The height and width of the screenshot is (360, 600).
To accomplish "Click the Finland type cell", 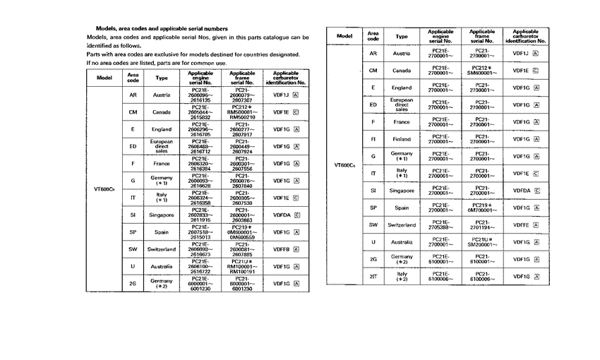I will (402, 138).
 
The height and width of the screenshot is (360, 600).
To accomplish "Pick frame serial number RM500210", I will (242, 116).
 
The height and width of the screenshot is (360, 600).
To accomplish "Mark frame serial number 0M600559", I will (242, 238).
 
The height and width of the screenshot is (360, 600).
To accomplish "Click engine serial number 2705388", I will (440, 227).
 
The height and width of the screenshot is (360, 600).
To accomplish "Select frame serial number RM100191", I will (242, 271).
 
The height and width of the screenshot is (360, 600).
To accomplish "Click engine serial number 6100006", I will (440, 280).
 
